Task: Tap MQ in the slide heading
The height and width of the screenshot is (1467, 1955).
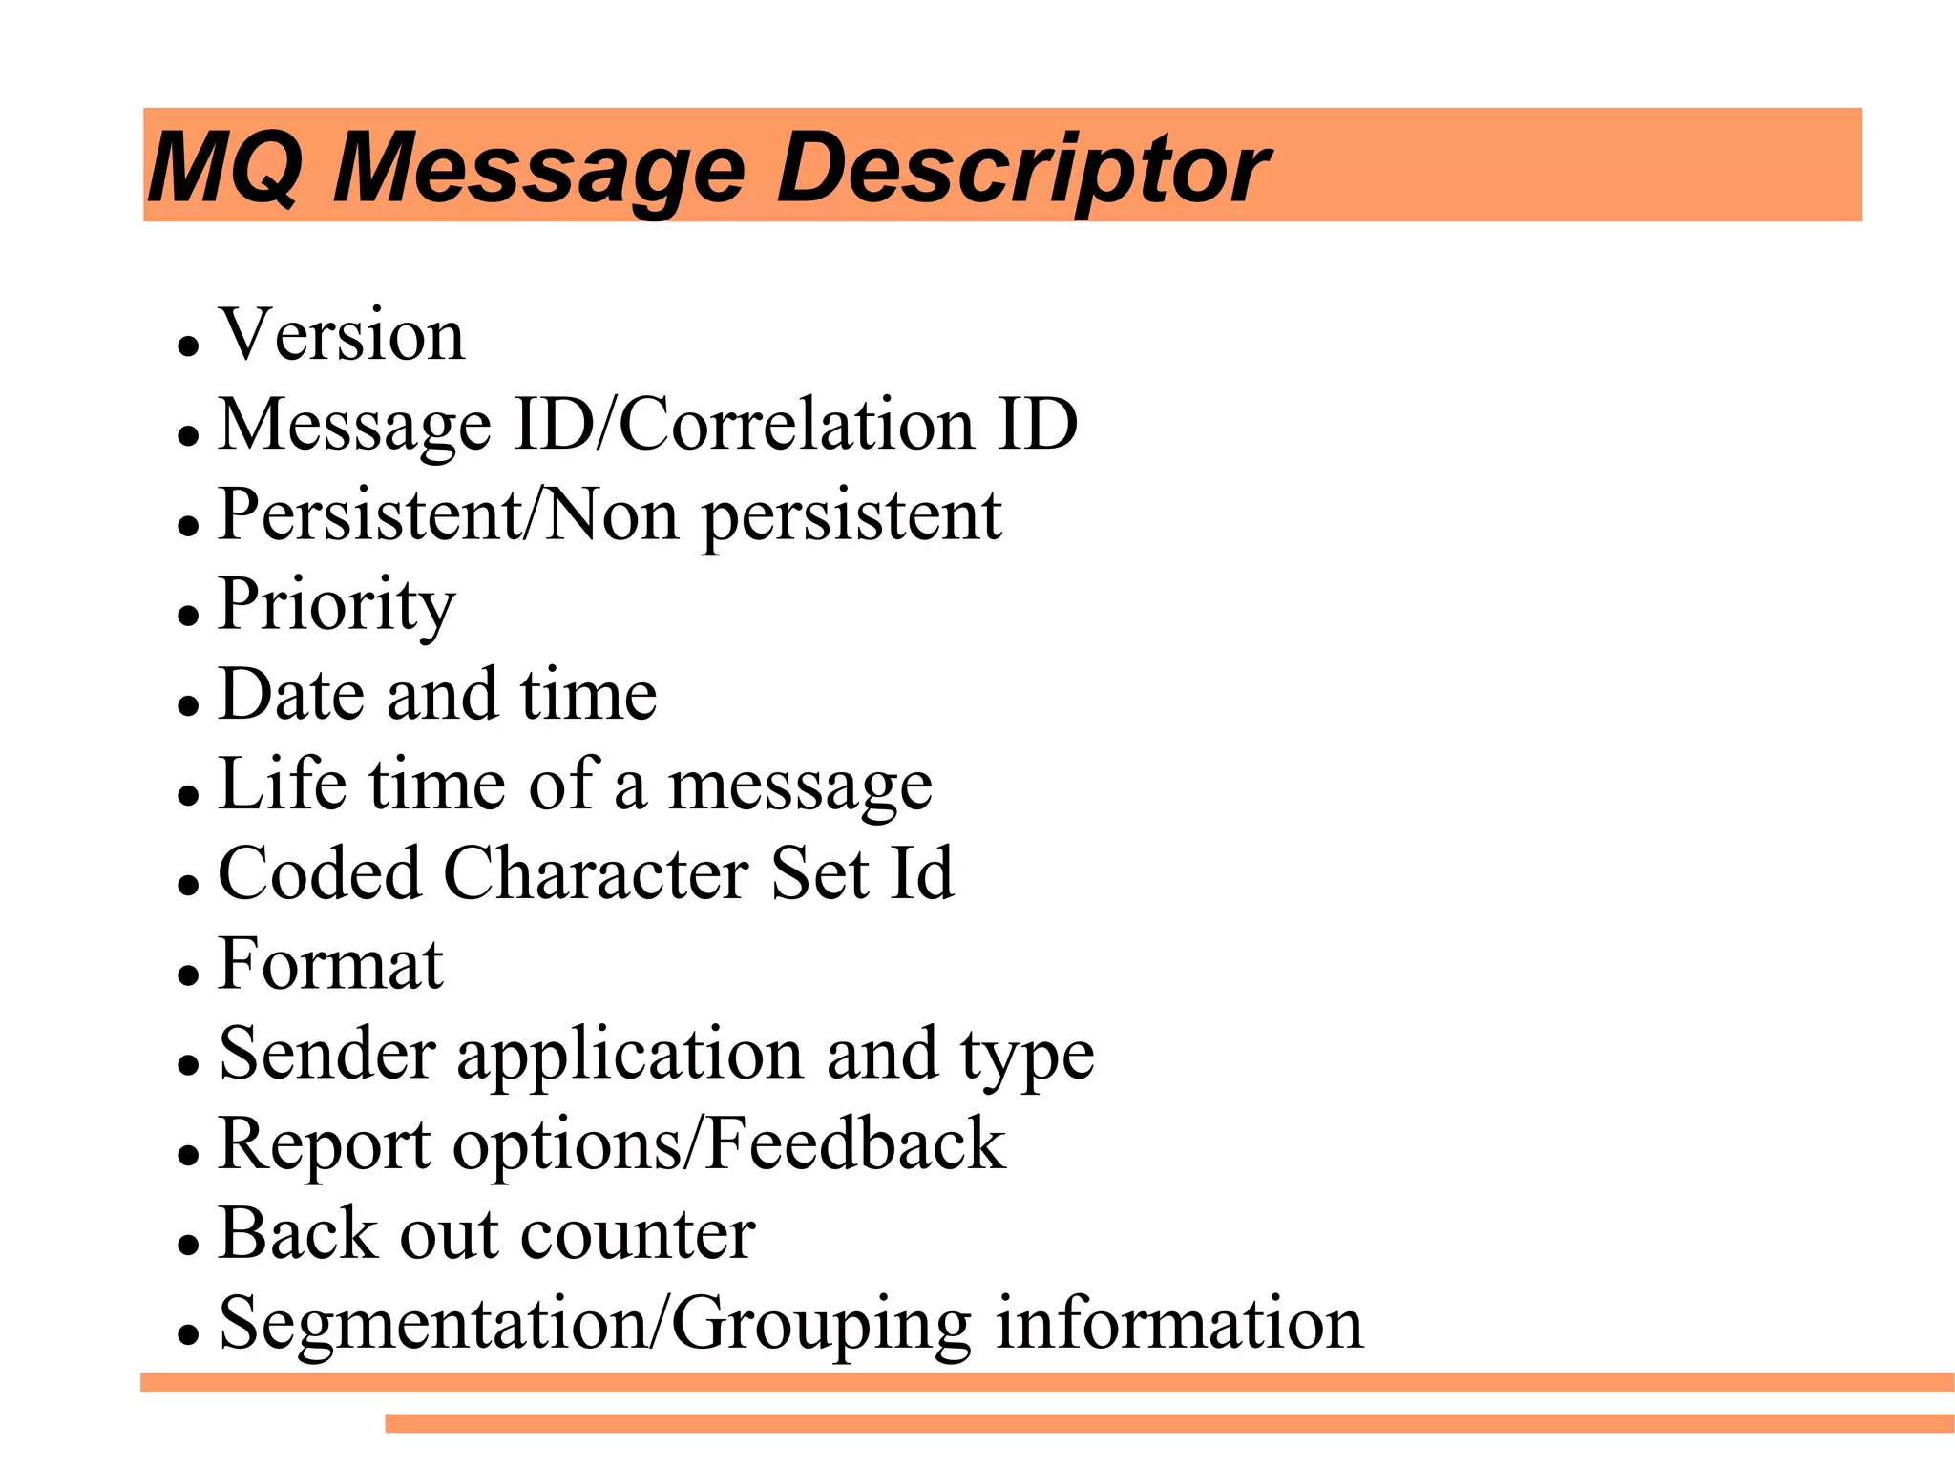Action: [x=225, y=170]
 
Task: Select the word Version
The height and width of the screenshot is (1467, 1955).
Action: [x=342, y=335]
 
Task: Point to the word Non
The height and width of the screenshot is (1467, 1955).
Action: [x=611, y=515]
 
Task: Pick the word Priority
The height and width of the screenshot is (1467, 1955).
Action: [x=337, y=605]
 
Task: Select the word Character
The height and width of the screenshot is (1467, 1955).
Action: [x=597, y=873]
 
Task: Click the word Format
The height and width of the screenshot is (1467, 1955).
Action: [x=330, y=963]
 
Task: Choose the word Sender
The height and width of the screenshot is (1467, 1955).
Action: [x=326, y=1054]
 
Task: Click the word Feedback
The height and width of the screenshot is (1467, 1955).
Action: [x=855, y=1143]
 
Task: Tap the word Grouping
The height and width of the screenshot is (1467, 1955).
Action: [x=821, y=1325]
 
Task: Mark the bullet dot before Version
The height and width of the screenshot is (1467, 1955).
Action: [x=188, y=345]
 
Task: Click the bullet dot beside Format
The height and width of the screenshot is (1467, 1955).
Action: [x=188, y=975]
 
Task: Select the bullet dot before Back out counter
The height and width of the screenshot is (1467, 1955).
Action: [x=188, y=1245]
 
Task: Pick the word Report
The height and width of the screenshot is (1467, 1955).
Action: [x=324, y=1144]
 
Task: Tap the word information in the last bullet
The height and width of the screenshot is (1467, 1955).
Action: [x=1179, y=1323]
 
